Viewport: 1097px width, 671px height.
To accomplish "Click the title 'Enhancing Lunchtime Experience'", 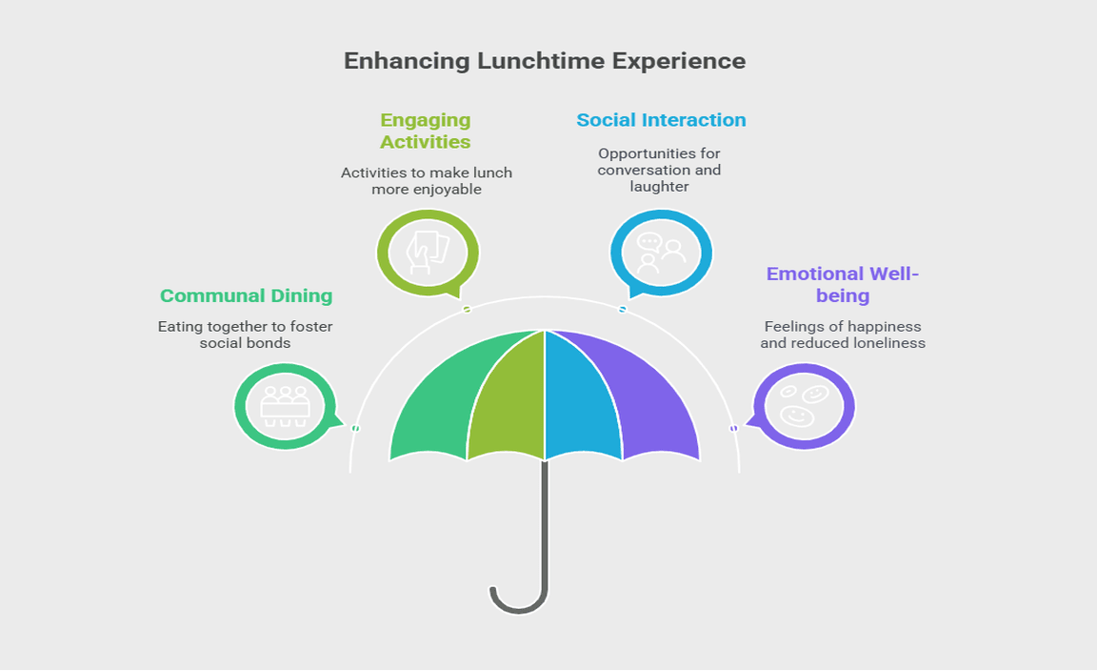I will (545, 61).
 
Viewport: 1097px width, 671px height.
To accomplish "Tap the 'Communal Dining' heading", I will (246, 295).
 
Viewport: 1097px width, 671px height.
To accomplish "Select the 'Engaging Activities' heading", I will (425, 131).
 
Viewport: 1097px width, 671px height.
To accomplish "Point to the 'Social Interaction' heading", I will (661, 120).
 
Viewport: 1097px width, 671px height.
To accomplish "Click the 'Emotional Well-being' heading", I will (843, 285).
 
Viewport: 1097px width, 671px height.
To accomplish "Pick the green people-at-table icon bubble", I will (285, 407).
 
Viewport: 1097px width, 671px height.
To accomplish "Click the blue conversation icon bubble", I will (661, 254).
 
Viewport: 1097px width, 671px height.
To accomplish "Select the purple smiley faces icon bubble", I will (804, 407).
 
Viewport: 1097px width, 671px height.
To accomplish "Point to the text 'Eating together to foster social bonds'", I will (246, 335).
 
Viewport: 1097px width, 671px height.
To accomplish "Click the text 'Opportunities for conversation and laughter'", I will (659, 170).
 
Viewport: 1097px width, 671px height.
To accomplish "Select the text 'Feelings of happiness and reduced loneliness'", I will (843, 335).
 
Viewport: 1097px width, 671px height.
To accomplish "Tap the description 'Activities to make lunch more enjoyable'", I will (427, 181).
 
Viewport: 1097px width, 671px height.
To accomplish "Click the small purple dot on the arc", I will (733, 429).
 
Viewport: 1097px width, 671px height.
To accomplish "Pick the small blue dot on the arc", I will (623, 310).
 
